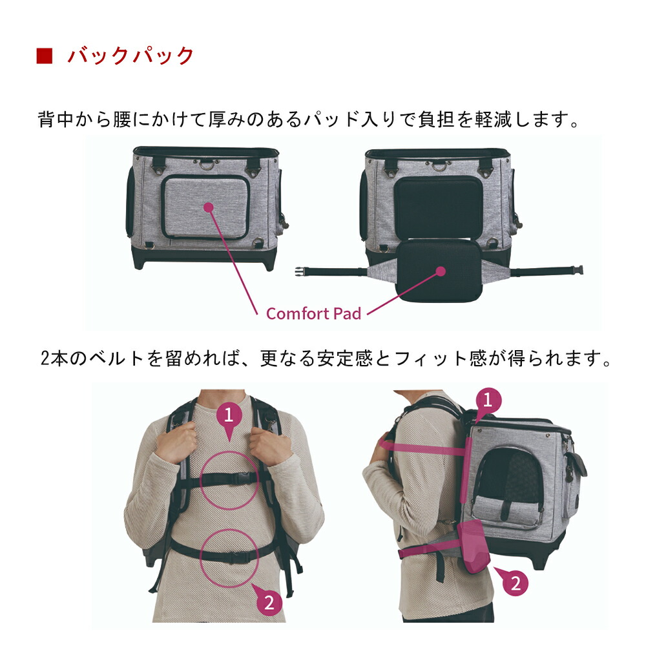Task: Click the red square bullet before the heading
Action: click(44, 56)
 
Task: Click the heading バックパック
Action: click(131, 56)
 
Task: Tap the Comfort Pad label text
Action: click(313, 313)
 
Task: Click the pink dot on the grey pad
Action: click(208, 207)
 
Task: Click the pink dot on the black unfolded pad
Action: click(441, 271)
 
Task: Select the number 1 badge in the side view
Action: click(488, 400)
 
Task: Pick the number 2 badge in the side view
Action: click(515, 583)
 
